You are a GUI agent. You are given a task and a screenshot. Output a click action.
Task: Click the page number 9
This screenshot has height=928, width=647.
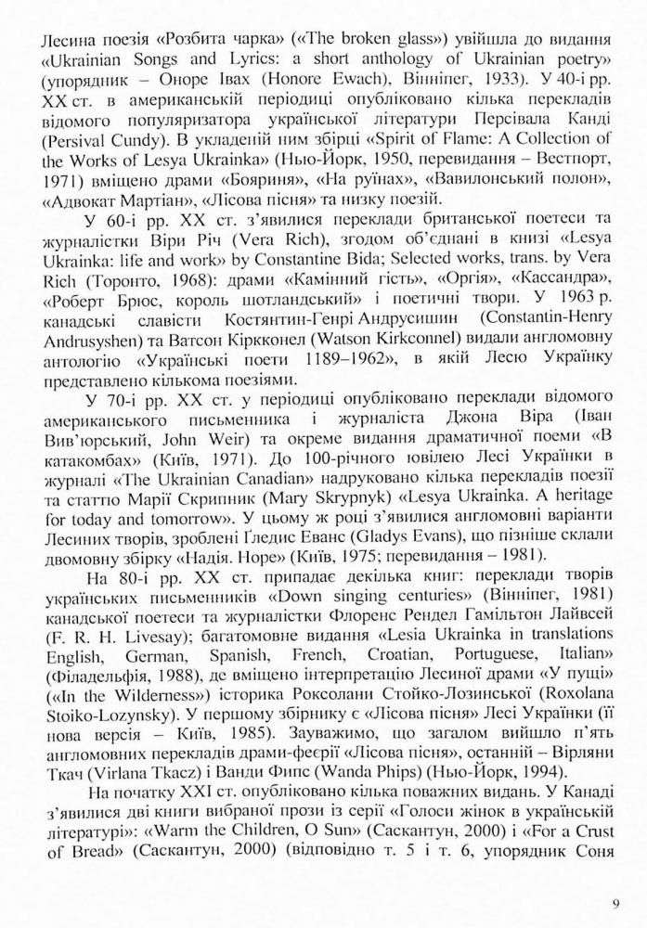coord(615,901)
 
